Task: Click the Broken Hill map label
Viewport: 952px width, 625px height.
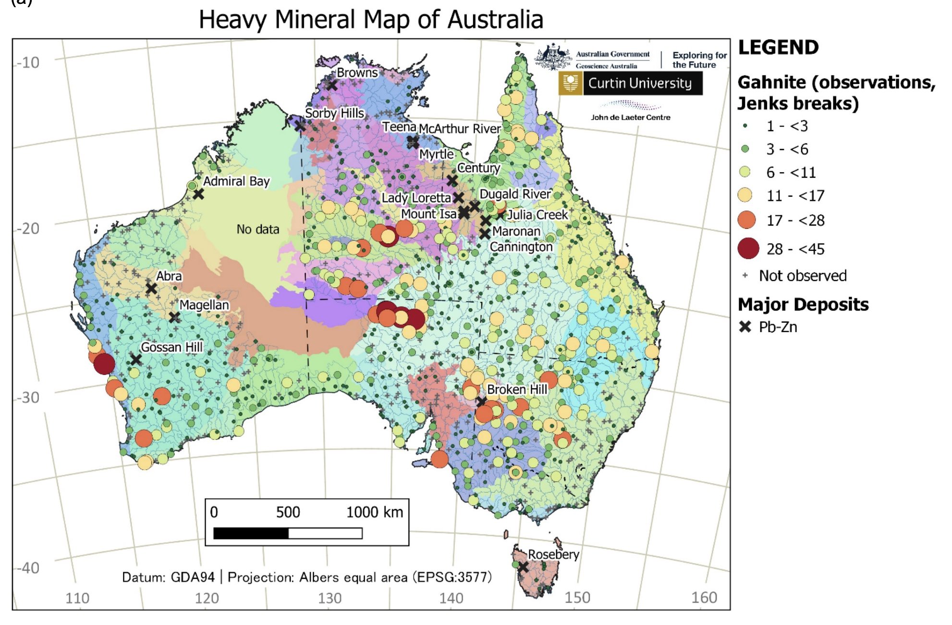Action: click(x=517, y=389)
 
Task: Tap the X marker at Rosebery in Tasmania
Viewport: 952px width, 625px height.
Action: click(x=523, y=568)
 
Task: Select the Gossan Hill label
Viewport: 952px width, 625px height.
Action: click(x=171, y=347)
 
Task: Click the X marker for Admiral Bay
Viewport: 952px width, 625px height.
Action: click(x=198, y=194)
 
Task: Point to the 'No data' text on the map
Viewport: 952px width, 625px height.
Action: click(x=258, y=229)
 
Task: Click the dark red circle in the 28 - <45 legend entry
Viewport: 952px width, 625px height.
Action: click(x=748, y=249)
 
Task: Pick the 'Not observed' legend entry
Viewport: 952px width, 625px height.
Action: click(x=802, y=276)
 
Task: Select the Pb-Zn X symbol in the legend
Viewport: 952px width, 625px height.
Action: click(x=745, y=327)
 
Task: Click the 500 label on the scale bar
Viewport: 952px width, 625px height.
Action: click(x=288, y=512)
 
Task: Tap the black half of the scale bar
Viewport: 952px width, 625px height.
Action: click(x=251, y=533)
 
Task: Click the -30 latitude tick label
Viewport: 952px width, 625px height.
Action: click(x=27, y=397)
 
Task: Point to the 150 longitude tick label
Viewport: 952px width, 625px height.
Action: click(x=577, y=598)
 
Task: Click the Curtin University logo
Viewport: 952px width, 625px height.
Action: click(x=630, y=84)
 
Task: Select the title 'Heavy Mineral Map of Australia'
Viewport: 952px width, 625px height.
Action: click(x=371, y=20)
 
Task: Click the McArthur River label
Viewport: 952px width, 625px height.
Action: click(x=460, y=129)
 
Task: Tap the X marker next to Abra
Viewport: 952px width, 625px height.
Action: click(x=151, y=288)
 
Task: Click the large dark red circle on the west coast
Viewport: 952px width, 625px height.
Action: click(x=104, y=363)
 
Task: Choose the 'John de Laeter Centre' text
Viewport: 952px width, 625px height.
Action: click(x=630, y=117)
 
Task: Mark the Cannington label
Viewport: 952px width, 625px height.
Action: click(x=521, y=247)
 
